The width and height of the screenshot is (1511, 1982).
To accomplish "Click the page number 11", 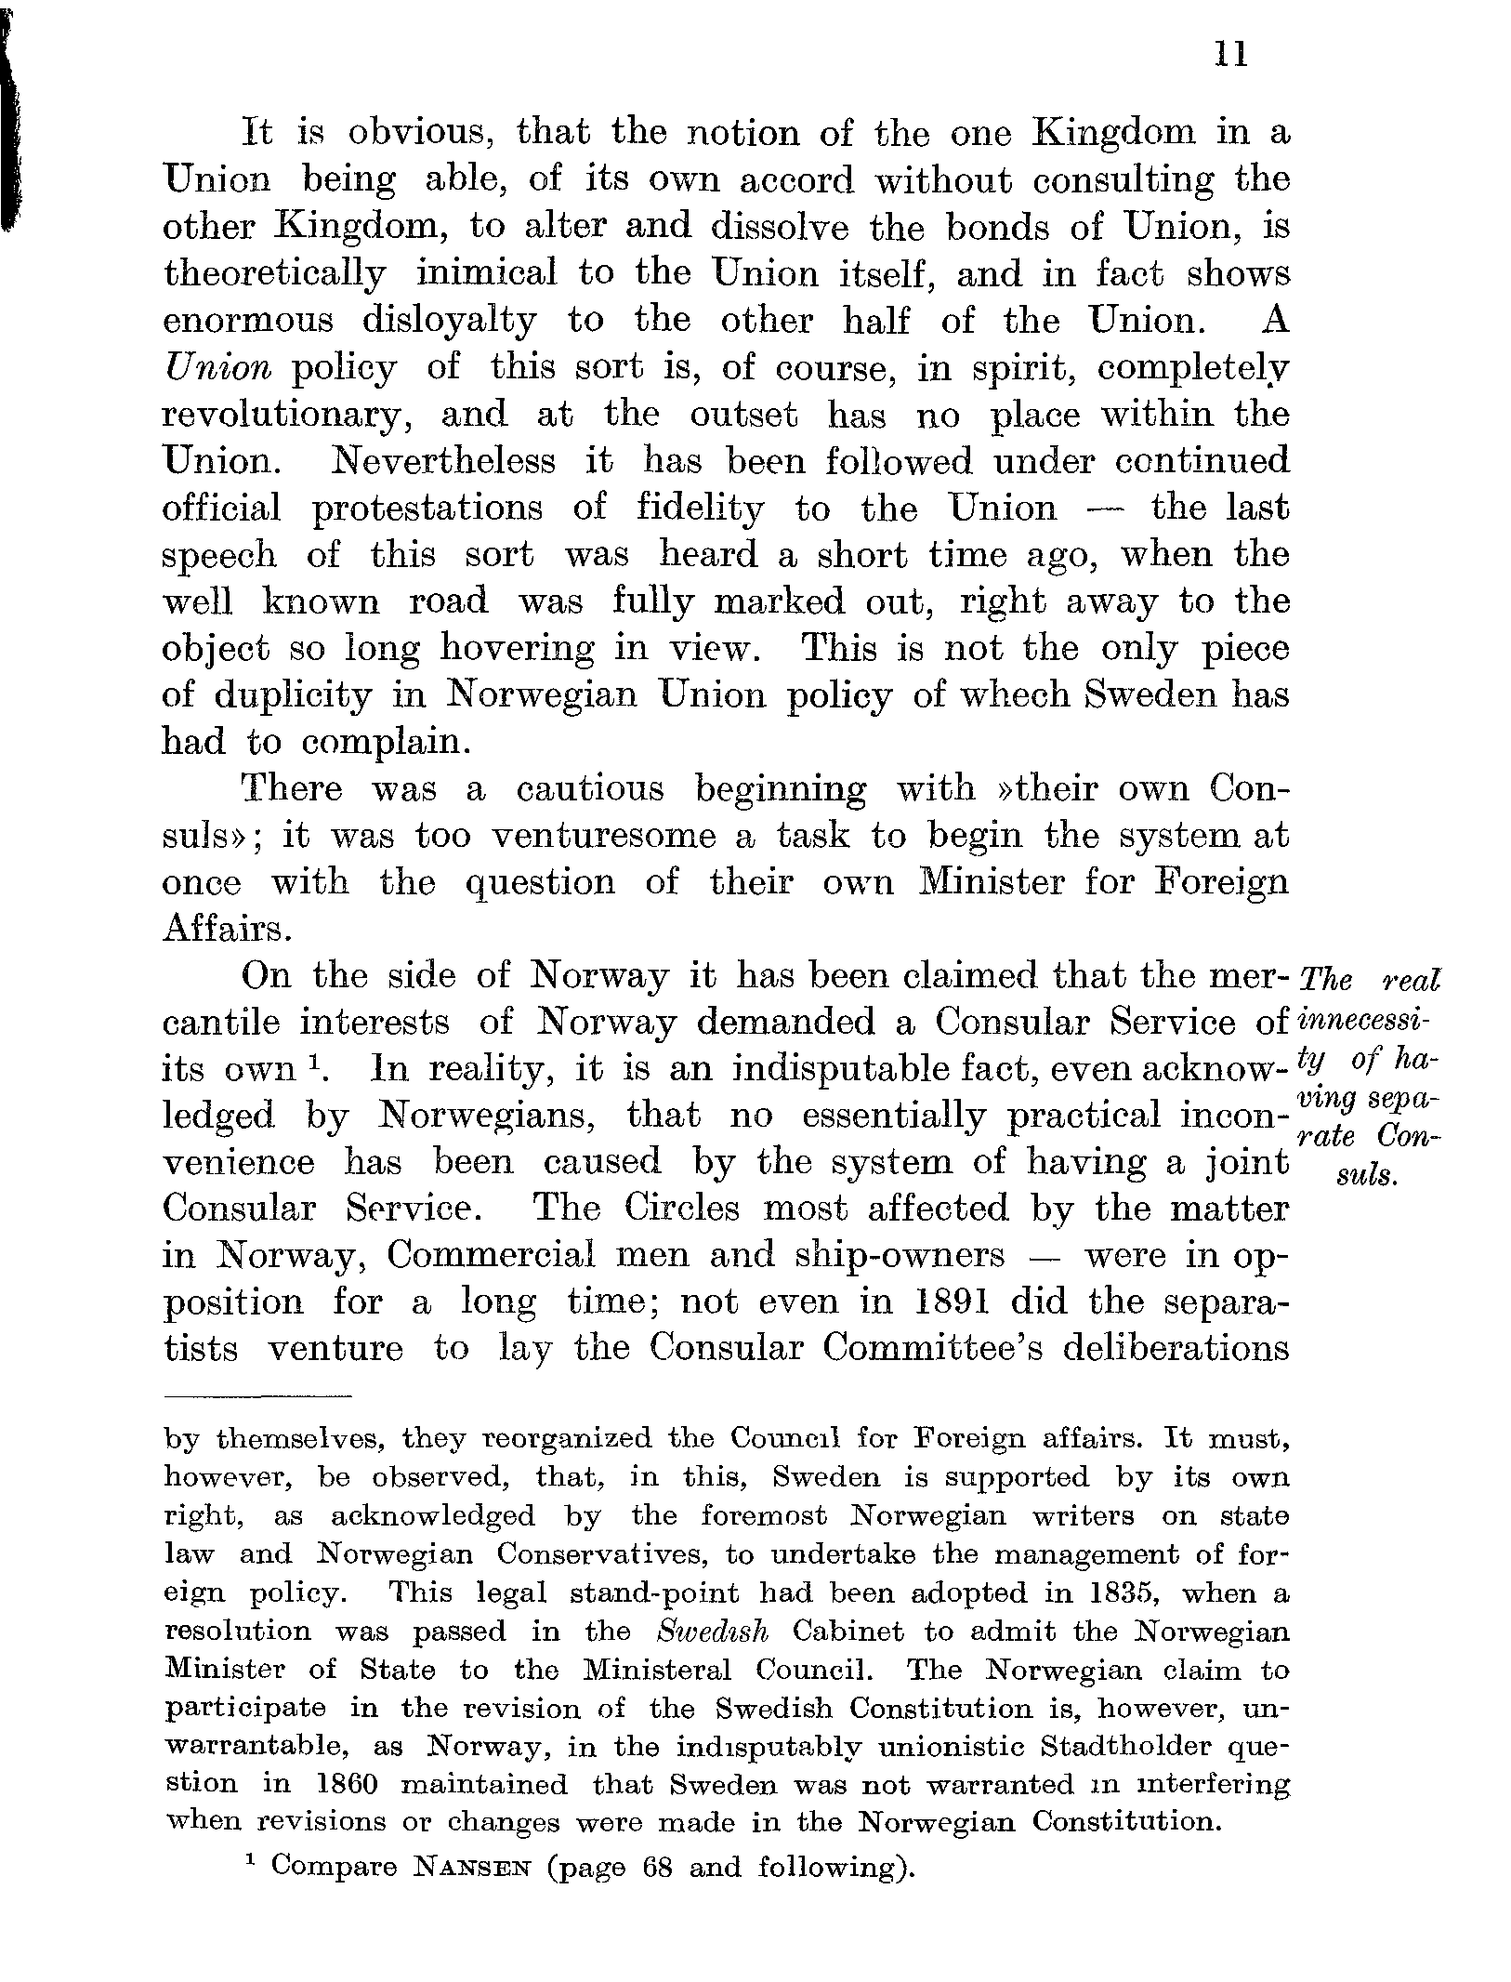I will (1229, 56).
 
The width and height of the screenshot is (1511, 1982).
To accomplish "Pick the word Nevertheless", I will (444, 461).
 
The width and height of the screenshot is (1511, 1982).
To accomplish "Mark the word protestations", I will (427, 509).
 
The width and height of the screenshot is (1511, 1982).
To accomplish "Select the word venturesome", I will (603, 836).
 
